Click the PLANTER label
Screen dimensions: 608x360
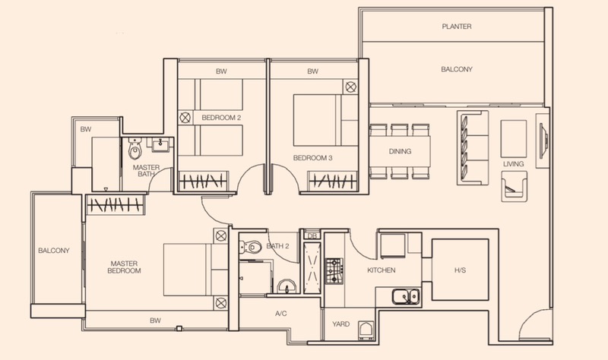pyautogui.click(x=457, y=27)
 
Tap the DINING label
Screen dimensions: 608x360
pyautogui.click(x=400, y=151)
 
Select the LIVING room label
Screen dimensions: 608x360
pyautogui.click(x=514, y=164)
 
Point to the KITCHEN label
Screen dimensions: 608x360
pyautogui.click(x=382, y=270)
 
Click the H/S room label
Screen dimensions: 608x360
pyautogui.click(x=460, y=270)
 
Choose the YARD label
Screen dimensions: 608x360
pyautogui.click(x=340, y=324)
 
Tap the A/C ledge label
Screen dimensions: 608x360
pyautogui.click(x=281, y=313)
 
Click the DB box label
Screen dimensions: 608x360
pyautogui.click(x=312, y=235)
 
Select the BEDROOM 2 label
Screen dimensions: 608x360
pyautogui.click(x=221, y=118)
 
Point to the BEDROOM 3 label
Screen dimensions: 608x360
pyautogui.click(x=312, y=158)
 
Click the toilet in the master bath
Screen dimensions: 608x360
pyautogui.click(x=135, y=149)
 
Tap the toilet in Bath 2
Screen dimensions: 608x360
pyautogui.click(x=251, y=247)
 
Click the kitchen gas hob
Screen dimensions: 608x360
pyautogui.click(x=334, y=271)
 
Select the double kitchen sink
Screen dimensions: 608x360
pyautogui.click(x=406, y=296)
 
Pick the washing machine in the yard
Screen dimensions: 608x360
pyautogui.click(x=366, y=330)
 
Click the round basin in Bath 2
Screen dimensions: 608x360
pyautogui.click(x=287, y=286)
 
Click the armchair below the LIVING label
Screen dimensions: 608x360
pyautogui.click(x=515, y=186)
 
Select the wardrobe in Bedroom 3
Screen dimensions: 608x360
pyautogui.click(x=333, y=181)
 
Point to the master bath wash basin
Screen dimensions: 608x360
pyautogui.click(x=160, y=145)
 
